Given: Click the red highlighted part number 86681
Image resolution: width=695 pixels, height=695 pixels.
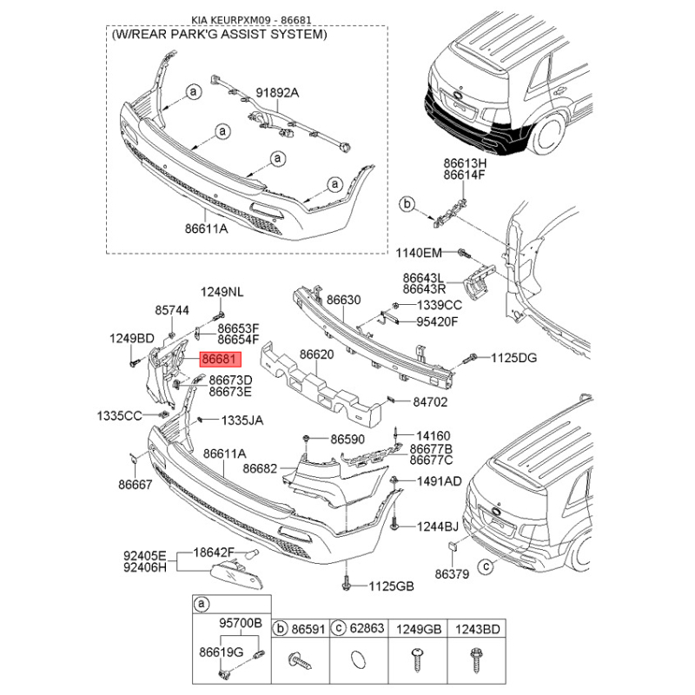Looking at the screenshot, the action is click(x=221, y=359).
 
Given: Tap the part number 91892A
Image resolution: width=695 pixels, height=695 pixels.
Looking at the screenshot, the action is click(x=277, y=93).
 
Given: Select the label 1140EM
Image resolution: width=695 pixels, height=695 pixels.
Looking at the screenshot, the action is click(x=419, y=253).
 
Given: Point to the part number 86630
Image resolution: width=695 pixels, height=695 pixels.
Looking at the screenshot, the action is click(x=343, y=300).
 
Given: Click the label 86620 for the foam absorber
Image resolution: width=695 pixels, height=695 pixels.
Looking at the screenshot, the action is click(x=316, y=354).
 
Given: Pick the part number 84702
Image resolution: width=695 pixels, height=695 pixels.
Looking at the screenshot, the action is click(x=430, y=402).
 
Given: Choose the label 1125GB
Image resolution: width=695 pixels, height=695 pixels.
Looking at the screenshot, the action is click(x=392, y=586).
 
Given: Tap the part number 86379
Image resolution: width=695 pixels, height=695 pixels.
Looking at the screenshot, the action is click(x=452, y=574).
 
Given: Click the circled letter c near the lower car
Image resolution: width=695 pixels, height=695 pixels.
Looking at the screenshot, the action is click(x=486, y=566).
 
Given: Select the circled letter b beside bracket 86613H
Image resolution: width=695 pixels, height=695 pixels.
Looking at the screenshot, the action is click(x=407, y=204).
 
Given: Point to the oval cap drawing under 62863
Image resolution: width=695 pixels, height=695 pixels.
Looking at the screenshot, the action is click(x=358, y=659).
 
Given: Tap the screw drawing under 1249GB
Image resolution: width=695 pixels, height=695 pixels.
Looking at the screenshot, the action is click(x=417, y=659).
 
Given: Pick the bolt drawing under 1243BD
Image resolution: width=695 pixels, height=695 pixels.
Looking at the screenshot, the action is click(x=476, y=660).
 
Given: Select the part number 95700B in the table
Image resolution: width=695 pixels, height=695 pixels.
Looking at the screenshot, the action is click(x=241, y=623).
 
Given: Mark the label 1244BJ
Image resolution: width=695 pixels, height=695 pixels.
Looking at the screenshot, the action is click(x=438, y=526).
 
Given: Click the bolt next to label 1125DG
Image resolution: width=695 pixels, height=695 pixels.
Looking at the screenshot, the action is click(x=469, y=359).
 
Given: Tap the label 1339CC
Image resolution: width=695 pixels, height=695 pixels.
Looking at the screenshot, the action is click(x=440, y=305).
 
